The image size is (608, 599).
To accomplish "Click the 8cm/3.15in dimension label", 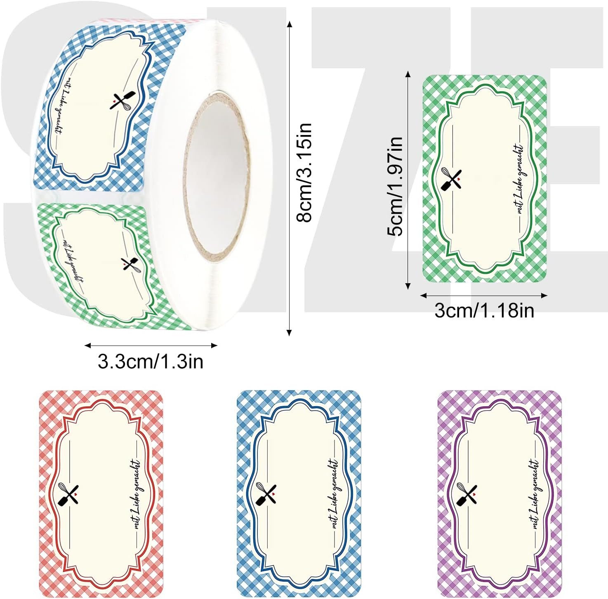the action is (304, 173).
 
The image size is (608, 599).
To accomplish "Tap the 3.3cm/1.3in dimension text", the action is (151, 361).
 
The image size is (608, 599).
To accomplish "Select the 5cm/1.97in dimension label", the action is (395, 186).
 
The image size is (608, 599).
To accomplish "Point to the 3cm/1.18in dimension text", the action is (484, 310).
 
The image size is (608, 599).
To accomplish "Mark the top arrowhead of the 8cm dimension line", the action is (289, 24).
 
